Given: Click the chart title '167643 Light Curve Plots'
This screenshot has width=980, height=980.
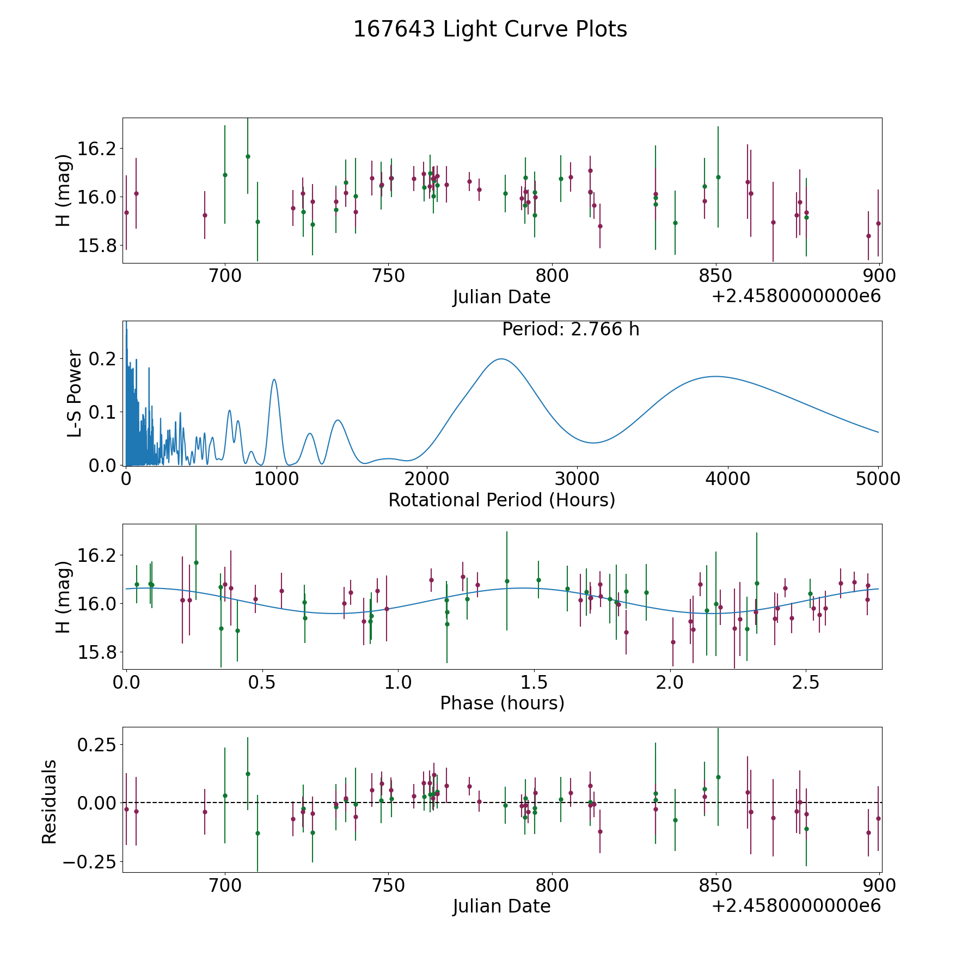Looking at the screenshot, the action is [x=490, y=29].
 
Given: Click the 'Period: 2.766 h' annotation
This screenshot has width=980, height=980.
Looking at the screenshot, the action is [x=571, y=329].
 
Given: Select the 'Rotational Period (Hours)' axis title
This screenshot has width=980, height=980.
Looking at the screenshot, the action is [x=501, y=500].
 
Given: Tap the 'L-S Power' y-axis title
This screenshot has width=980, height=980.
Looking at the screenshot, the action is [x=75, y=394].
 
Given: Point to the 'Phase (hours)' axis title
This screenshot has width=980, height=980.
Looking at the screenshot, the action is [x=502, y=703].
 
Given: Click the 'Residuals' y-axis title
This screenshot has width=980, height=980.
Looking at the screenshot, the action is [x=50, y=801].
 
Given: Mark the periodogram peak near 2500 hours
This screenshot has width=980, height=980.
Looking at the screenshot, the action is [x=501, y=359].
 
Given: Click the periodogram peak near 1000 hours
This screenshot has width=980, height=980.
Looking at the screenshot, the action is [x=274, y=379].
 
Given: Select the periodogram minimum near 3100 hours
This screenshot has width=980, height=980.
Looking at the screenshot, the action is [x=593, y=443].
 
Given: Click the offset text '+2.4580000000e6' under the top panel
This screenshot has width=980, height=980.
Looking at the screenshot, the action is [x=796, y=297].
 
